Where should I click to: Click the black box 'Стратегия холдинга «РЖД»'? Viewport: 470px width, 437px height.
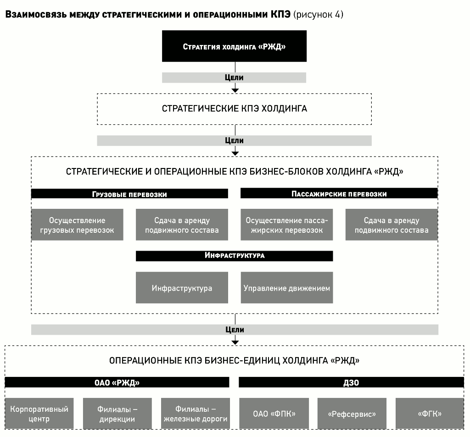[x=234, y=46]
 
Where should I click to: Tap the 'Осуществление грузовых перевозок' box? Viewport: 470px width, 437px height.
[x=77, y=225]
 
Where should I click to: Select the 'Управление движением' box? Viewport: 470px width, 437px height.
[x=287, y=288]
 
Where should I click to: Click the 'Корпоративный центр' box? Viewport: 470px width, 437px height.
[x=39, y=414]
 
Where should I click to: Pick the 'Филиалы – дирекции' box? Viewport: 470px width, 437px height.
[x=117, y=414]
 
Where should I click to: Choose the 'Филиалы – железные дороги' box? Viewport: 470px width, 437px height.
[x=196, y=414]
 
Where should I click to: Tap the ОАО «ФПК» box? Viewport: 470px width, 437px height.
[x=274, y=414]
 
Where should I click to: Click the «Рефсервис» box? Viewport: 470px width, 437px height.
[x=352, y=414]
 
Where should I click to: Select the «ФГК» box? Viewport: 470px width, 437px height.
[x=430, y=414]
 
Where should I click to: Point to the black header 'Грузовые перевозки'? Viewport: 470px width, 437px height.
[x=129, y=194]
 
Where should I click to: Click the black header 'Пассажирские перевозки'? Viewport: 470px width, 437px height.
[x=339, y=193]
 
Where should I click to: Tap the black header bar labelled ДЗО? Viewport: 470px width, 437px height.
[x=351, y=382]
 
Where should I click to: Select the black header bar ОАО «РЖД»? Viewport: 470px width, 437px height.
[x=117, y=382]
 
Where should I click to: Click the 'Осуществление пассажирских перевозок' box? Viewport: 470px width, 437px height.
[x=287, y=225]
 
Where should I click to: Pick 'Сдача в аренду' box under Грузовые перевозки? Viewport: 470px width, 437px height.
[x=182, y=225]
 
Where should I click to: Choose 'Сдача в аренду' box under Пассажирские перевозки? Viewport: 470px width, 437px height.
[x=392, y=225]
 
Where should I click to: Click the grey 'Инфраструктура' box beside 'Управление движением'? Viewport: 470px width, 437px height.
[x=182, y=288]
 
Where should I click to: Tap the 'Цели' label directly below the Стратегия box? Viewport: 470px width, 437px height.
[x=234, y=77]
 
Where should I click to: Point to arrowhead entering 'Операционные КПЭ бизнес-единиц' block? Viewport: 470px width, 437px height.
[x=235, y=342]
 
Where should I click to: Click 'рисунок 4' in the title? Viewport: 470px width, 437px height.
[x=319, y=14]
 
